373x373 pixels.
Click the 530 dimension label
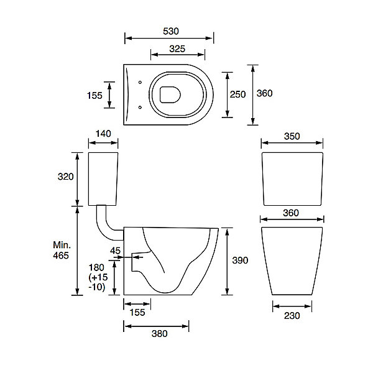pos(171,31)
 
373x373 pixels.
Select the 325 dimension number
pos(177,48)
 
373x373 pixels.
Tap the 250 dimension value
pos(237,94)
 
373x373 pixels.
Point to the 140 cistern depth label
pos(103,134)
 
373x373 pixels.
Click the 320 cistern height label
pos(66,177)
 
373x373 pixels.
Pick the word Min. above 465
pos(62,245)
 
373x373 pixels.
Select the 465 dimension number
pos(61,256)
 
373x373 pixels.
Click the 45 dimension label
pos(116,251)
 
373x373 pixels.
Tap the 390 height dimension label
pos(240,260)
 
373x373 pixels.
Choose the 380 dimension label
pos(160,334)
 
